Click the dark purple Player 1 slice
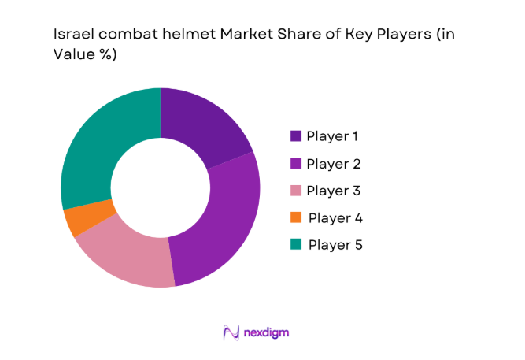[x=200, y=126]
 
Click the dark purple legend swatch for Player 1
[x=295, y=136]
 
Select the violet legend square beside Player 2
[x=295, y=164]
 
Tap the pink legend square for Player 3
[x=295, y=191]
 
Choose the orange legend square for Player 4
[x=295, y=218]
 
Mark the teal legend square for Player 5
[x=295, y=245]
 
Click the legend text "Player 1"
[x=333, y=136]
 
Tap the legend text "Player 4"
[x=335, y=218]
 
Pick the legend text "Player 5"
[x=335, y=245]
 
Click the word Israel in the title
[x=68, y=35]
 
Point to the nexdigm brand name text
[x=265, y=332]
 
